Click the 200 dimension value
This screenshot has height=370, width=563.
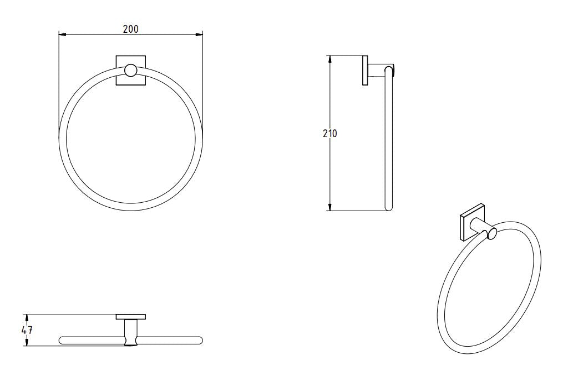[131, 29]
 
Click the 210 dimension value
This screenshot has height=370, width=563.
[330, 133]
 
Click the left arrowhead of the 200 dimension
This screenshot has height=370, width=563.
[62, 34]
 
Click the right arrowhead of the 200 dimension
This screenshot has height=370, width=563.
[200, 34]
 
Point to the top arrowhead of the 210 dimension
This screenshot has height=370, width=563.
[330, 58]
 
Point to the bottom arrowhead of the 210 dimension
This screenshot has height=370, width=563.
[330, 208]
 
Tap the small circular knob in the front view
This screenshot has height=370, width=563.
[131, 70]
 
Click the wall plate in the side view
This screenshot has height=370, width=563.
[365, 70]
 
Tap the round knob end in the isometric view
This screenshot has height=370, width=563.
[491, 235]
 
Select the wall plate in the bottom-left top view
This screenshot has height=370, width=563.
[131, 317]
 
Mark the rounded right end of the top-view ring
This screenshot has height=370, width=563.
[200, 339]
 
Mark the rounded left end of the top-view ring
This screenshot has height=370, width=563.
[62, 339]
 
